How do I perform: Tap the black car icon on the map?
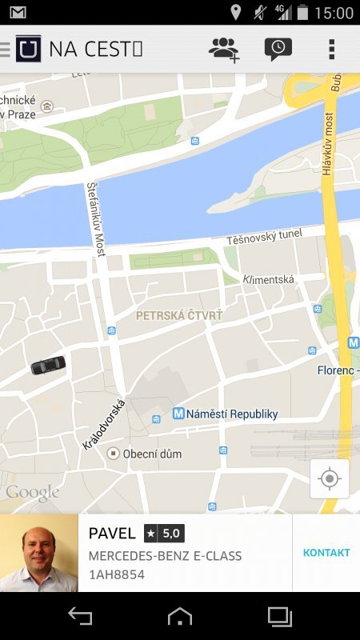click(x=48, y=365)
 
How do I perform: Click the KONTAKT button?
click(x=326, y=553)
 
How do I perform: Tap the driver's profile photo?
click(x=39, y=553)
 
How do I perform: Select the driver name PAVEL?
click(x=112, y=534)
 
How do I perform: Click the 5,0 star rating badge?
click(x=164, y=533)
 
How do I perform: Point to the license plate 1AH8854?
click(x=117, y=574)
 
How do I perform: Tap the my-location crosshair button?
click(x=330, y=478)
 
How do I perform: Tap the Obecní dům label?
click(x=151, y=454)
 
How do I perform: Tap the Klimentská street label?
click(x=268, y=279)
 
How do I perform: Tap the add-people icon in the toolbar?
click(x=224, y=50)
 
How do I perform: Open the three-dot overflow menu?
click(x=332, y=50)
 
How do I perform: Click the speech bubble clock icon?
click(x=278, y=50)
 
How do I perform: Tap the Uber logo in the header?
click(x=29, y=49)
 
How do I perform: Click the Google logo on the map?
click(x=33, y=492)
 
